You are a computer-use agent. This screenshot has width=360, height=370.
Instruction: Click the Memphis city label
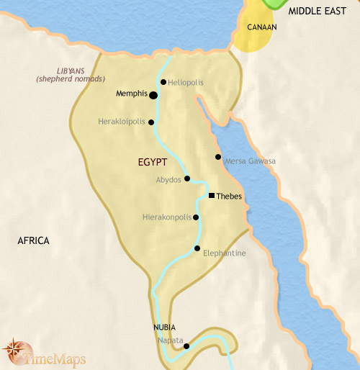pyautogui.click(x=131, y=94)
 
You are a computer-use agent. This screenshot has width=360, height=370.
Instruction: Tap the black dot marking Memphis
pyautogui.click(x=153, y=94)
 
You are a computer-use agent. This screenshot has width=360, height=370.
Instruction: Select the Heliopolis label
pyautogui.click(x=186, y=83)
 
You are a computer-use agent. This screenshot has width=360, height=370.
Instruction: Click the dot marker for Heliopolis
pyautogui.click(x=164, y=82)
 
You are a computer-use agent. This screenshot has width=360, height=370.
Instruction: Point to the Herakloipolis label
pyautogui.click(x=122, y=122)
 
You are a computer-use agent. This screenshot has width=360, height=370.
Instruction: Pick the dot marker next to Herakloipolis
pyautogui.click(x=151, y=122)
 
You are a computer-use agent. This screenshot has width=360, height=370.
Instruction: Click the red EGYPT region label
pyautogui.click(x=153, y=163)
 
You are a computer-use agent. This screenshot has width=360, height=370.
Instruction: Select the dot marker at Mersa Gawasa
pyautogui.click(x=218, y=157)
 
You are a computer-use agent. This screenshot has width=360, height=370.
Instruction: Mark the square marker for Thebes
pyautogui.click(x=211, y=196)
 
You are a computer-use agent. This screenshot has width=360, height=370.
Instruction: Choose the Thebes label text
pyautogui.click(x=229, y=197)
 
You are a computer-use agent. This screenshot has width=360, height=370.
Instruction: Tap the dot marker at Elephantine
pyautogui.click(x=197, y=248)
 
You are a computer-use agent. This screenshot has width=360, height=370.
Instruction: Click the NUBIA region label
pyautogui.click(x=163, y=327)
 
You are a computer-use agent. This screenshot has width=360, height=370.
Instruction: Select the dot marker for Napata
pyautogui.click(x=186, y=346)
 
